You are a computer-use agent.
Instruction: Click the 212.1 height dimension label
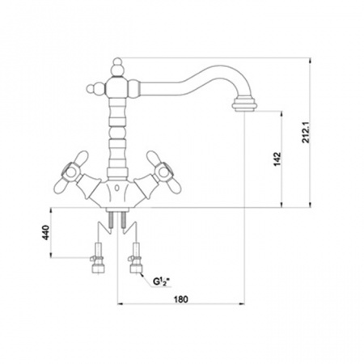click(x=307, y=133)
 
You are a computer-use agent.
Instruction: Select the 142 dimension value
click(x=277, y=159)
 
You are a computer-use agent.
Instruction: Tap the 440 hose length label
click(x=46, y=232)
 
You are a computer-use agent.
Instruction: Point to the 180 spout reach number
click(x=181, y=299)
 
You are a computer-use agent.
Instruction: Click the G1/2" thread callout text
click(x=161, y=281)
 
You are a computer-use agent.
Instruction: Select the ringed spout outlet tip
click(x=243, y=105)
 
